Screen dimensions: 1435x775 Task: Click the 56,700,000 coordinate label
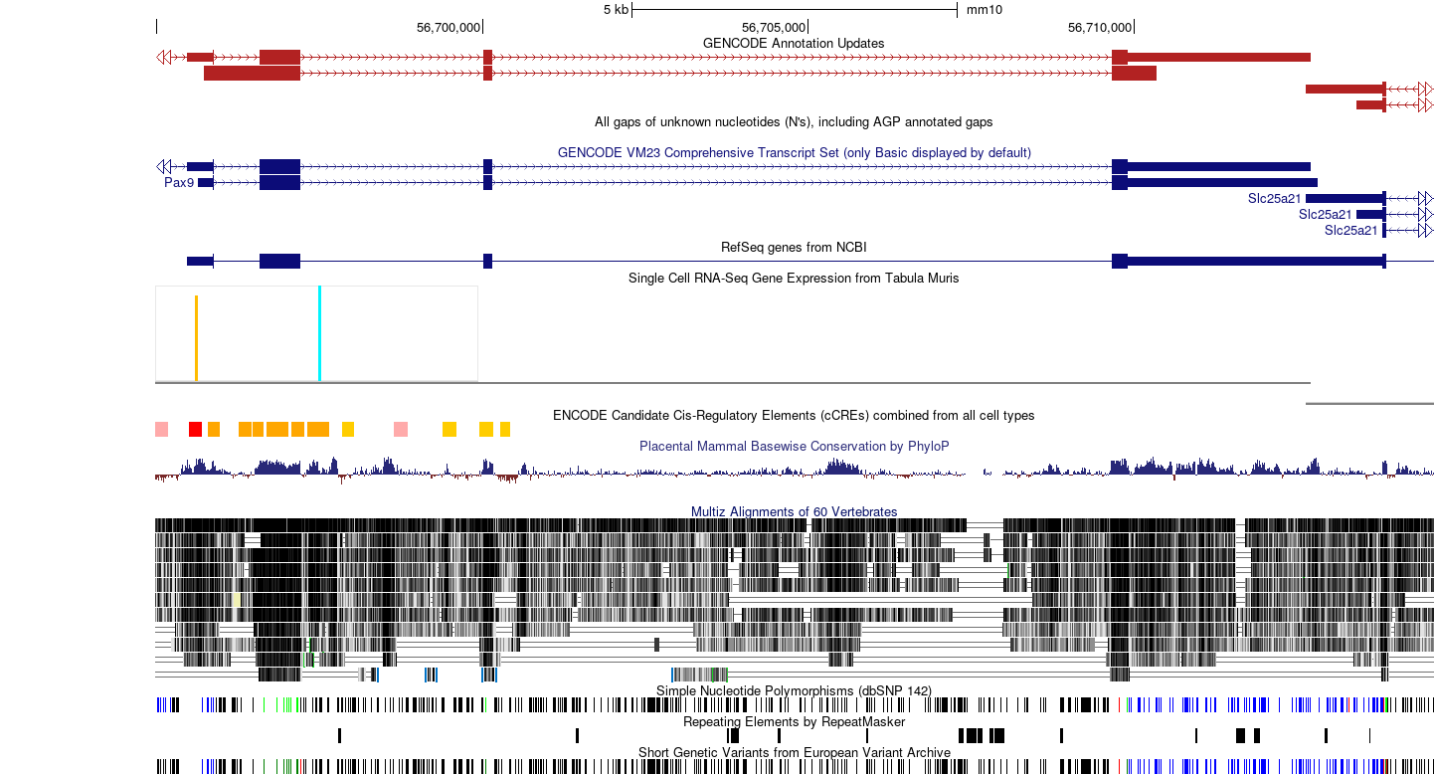(448, 28)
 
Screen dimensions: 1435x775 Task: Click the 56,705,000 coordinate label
(774, 28)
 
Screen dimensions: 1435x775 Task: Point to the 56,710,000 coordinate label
(1099, 28)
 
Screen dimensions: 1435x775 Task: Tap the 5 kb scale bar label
(616, 10)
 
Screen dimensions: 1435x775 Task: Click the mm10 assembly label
(984, 10)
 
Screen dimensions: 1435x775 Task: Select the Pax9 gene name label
(179, 183)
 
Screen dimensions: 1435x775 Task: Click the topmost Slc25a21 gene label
(1274, 199)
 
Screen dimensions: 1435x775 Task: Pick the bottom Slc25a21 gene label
(1351, 230)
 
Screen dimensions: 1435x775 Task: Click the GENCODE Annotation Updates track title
(794, 43)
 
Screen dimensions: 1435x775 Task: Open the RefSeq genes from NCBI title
(794, 248)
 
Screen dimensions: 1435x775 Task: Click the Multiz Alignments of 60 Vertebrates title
(794, 511)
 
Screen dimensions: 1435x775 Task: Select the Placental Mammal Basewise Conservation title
(794, 446)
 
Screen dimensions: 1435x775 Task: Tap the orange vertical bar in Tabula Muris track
(196, 338)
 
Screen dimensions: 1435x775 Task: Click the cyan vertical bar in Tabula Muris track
(319, 333)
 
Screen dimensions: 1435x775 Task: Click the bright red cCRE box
(195, 430)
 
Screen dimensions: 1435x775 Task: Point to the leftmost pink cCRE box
(161, 430)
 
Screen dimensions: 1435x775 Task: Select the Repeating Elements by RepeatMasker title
(794, 722)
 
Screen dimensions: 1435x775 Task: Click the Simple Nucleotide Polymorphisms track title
(794, 691)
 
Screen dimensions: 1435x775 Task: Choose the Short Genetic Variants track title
(794, 752)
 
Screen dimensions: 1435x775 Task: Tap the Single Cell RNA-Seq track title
(794, 279)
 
